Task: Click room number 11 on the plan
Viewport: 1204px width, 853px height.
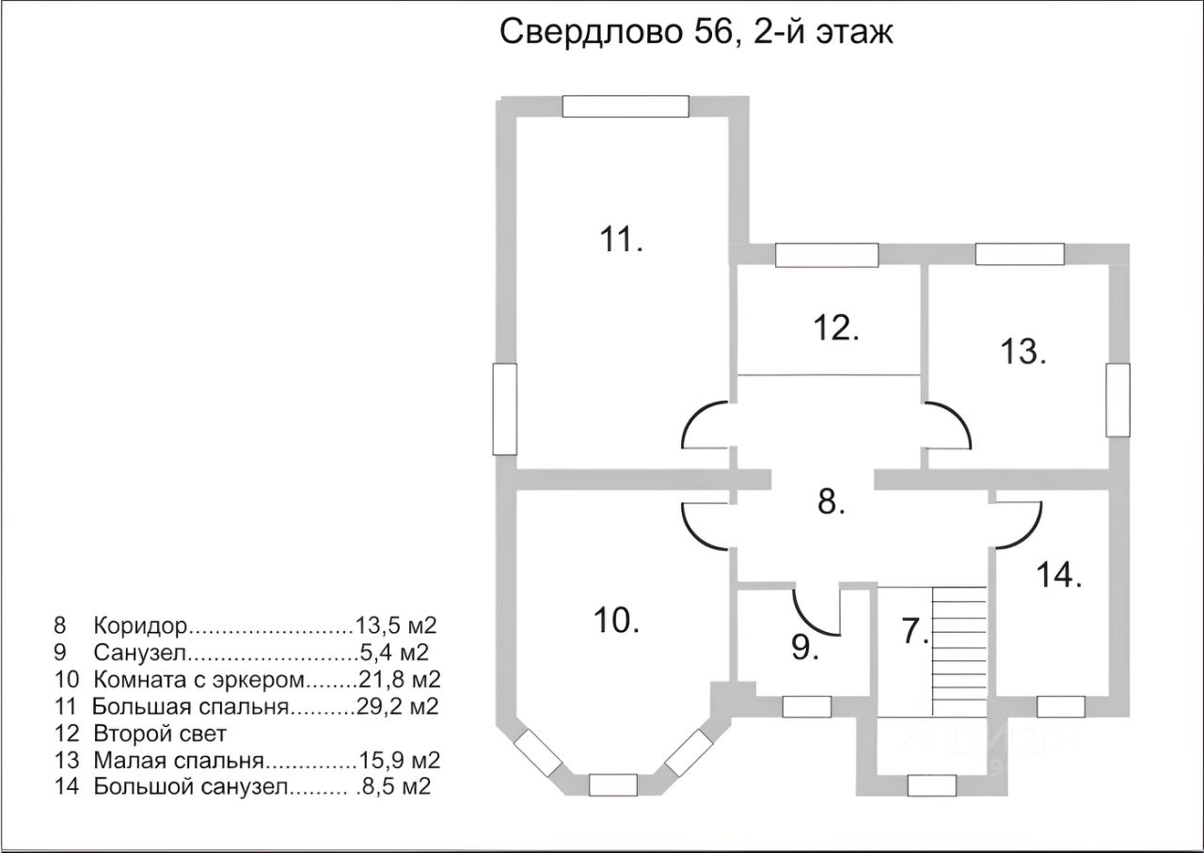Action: (621, 239)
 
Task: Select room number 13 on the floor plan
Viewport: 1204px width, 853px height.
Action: (1022, 352)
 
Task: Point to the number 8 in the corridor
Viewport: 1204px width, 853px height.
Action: (831, 501)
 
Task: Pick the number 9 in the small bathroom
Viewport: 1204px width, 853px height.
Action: (804, 647)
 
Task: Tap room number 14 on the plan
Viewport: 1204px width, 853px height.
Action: (1059, 575)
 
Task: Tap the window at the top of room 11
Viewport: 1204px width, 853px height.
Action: (626, 106)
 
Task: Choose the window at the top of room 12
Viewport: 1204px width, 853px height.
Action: (827, 255)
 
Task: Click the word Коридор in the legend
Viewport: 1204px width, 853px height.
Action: (140, 625)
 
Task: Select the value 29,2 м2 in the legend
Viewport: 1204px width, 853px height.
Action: (398, 705)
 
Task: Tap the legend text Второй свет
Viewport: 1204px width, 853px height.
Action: (160, 734)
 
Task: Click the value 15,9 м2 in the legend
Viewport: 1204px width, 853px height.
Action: (399, 760)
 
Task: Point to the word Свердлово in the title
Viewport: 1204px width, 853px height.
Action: (590, 32)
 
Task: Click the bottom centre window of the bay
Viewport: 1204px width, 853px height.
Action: (612, 784)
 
